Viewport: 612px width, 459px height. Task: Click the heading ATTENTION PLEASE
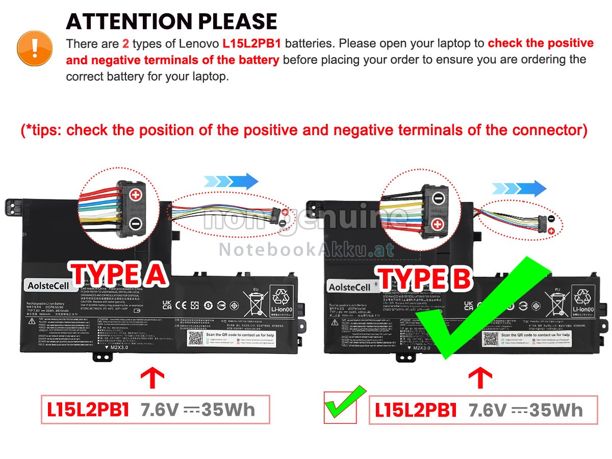(x=171, y=21)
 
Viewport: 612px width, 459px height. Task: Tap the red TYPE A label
(x=119, y=275)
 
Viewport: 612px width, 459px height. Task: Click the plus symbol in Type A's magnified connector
(x=135, y=195)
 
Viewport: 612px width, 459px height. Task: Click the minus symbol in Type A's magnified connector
(x=135, y=223)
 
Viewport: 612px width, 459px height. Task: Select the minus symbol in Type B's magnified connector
(x=439, y=197)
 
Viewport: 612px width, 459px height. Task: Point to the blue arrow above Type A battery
(x=231, y=182)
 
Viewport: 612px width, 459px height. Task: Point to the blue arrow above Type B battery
(x=519, y=188)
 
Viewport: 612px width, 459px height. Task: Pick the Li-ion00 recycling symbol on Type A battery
(x=280, y=301)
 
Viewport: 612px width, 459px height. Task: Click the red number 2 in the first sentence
(x=125, y=43)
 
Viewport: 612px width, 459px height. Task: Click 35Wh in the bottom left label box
(x=228, y=410)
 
